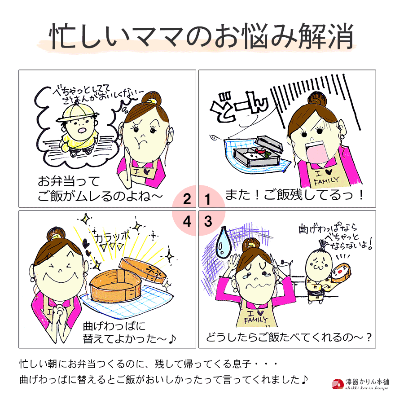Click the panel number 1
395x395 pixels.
point(208,199)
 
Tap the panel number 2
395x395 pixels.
point(187,199)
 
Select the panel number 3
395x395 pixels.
point(208,222)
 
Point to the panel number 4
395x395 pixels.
point(187,222)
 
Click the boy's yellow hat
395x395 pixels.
point(77,113)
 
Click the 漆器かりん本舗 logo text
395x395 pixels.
point(367,382)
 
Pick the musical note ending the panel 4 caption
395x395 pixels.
point(171,339)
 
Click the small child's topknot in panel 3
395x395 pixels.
point(321,245)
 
